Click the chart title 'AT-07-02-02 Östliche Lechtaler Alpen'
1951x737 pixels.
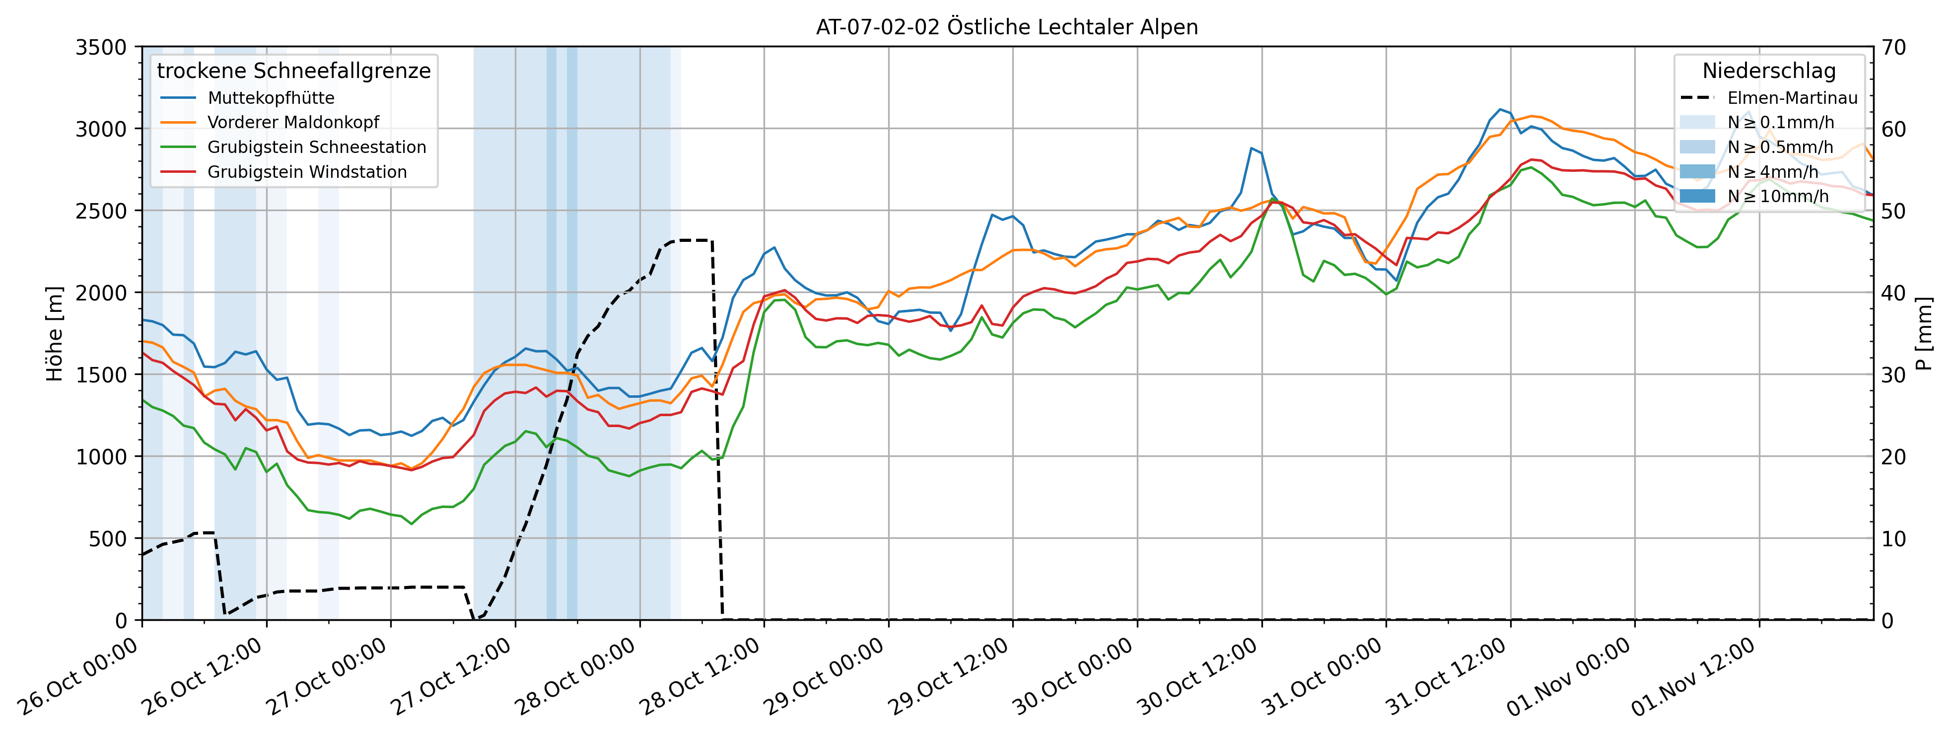coord(1007,27)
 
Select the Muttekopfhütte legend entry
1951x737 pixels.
coord(271,98)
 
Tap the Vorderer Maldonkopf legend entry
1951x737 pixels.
coord(293,123)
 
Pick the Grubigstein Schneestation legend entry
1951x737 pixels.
coord(317,147)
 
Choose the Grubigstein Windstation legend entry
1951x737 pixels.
coord(307,172)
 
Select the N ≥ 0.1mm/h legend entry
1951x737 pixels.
coord(1780,123)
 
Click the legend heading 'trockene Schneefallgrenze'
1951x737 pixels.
coord(294,71)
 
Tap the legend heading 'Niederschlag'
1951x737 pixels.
coord(1769,71)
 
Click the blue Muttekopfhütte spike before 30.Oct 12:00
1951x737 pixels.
coord(1251,148)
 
